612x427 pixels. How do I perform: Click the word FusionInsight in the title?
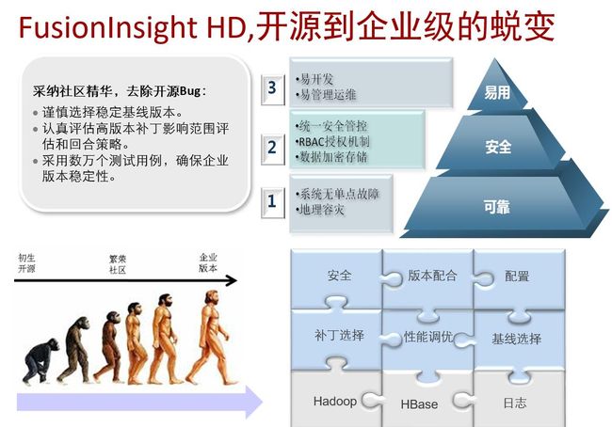[107, 27]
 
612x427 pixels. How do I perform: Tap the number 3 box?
[272, 89]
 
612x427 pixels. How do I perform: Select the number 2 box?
[272, 149]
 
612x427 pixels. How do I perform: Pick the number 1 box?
[272, 203]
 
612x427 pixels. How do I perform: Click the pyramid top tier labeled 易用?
[496, 92]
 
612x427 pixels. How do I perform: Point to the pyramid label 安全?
[498, 147]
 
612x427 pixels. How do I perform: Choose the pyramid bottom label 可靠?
[496, 206]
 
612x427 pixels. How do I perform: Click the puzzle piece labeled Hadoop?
[335, 400]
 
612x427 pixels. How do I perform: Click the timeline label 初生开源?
[26, 263]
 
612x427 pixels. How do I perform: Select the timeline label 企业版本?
[208, 262]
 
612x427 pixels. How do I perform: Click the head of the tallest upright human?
[212, 298]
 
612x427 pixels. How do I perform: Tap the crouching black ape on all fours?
[39, 361]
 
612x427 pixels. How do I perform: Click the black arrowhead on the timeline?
[231, 280]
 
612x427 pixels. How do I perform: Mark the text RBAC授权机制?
[333, 142]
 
